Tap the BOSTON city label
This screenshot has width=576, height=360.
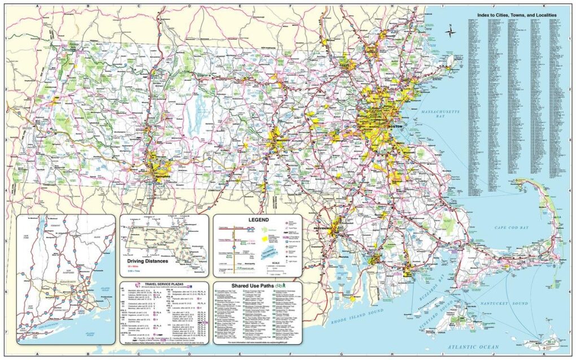click(x=396, y=128)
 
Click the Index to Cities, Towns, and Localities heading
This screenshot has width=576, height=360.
click(x=516, y=14)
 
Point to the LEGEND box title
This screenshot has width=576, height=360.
click(x=258, y=219)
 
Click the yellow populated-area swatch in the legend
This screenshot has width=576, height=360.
click(x=264, y=239)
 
